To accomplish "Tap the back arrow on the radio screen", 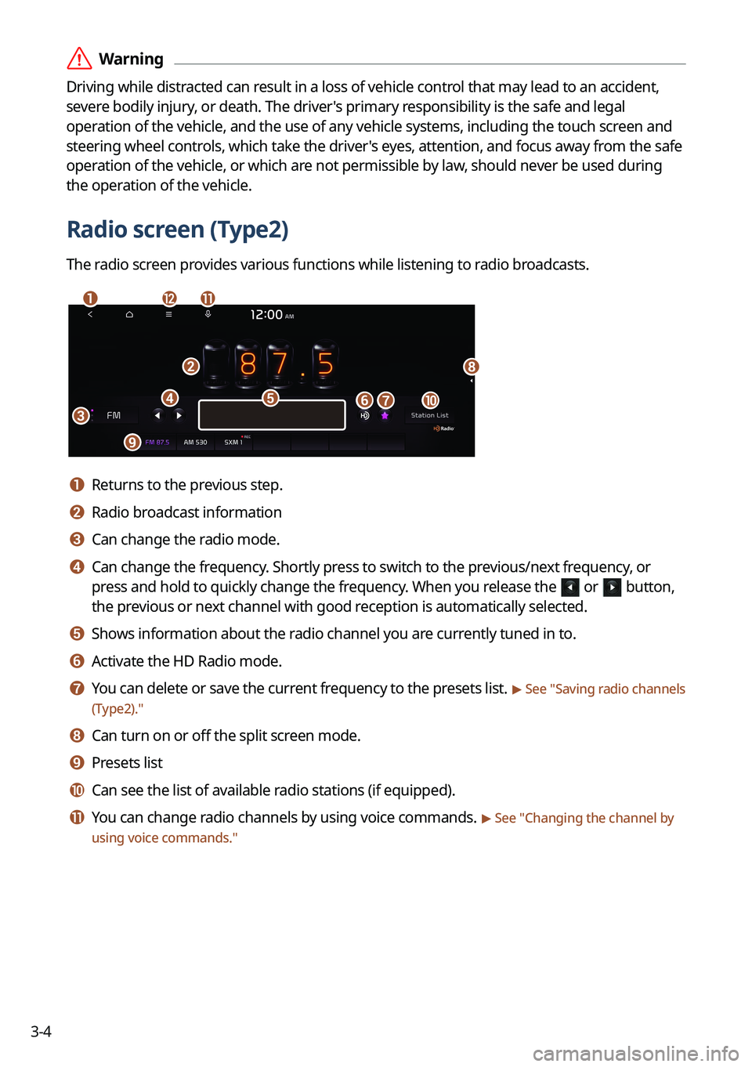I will point(90,314).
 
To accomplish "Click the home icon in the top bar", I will point(129,314).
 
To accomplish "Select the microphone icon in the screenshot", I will point(208,314).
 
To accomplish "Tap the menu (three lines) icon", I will point(168,314).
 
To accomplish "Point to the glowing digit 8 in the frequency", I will point(248,364).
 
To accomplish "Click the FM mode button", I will point(114,415).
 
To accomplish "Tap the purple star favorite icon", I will point(385,416).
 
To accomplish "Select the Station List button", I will point(429,416).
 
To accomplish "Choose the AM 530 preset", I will point(195,443).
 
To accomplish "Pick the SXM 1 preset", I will point(233,443).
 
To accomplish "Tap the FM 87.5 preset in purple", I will point(157,443).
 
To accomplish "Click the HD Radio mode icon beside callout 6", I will point(364,416).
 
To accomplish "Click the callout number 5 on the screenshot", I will point(270,398).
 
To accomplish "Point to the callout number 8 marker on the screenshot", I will point(471,367).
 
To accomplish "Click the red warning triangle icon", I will point(79,59).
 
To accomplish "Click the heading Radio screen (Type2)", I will point(178,230).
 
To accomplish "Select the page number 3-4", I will point(41,1032).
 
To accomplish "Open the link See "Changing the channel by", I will point(584,818).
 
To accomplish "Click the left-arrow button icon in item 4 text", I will point(570,588).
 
